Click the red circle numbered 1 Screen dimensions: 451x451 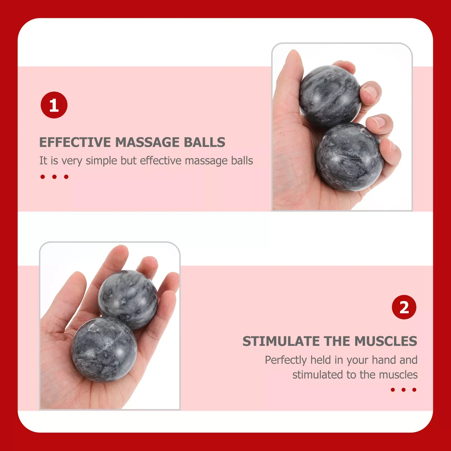point(54,105)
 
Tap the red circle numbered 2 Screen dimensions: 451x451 point(404,307)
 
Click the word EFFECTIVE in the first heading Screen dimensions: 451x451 point(75,142)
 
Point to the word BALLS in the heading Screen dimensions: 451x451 point(204,142)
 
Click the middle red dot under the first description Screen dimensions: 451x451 point(54,177)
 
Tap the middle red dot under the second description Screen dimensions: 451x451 point(403,390)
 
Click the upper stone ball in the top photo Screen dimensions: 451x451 point(330,96)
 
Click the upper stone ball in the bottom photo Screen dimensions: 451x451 point(128,299)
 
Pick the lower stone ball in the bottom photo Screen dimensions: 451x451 point(104,350)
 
